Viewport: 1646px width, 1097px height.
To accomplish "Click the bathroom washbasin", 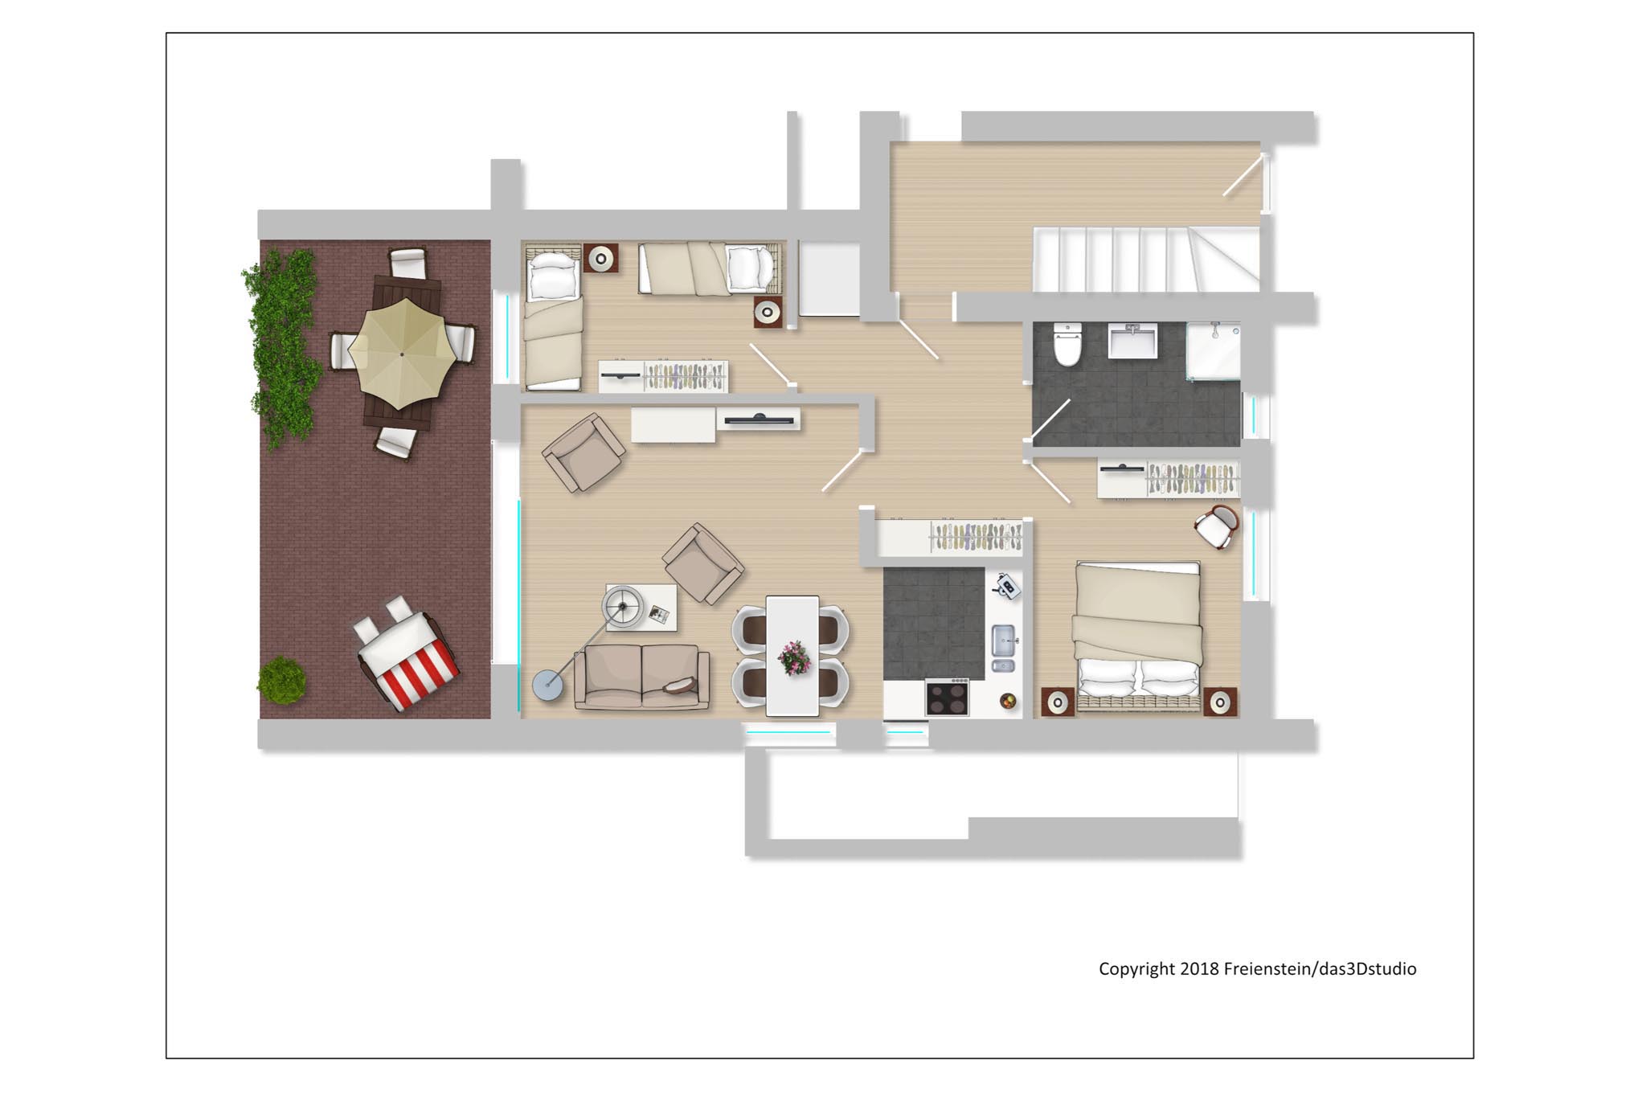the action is click(1133, 340).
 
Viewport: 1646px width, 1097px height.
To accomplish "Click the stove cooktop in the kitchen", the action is click(947, 697).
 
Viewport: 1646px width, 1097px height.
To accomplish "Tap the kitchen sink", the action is click(1003, 648).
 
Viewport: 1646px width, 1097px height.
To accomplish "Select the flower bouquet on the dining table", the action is click(794, 657).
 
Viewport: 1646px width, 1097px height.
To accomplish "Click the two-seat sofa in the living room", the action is click(642, 677).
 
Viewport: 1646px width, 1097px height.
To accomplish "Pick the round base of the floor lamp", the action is click(549, 686).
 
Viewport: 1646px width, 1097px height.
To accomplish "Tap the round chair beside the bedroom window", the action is click(1216, 526).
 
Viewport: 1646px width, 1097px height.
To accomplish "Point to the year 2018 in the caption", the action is click(1199, 968).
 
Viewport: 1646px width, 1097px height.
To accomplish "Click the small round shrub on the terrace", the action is click(281, 680).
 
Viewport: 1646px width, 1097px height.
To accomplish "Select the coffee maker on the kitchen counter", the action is click(1006, 586).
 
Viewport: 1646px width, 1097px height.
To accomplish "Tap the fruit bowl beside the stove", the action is click(1008, 702).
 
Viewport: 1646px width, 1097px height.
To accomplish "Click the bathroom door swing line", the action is click(1050, 421).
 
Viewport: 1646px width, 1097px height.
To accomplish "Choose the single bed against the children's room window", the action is click(553, 318).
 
